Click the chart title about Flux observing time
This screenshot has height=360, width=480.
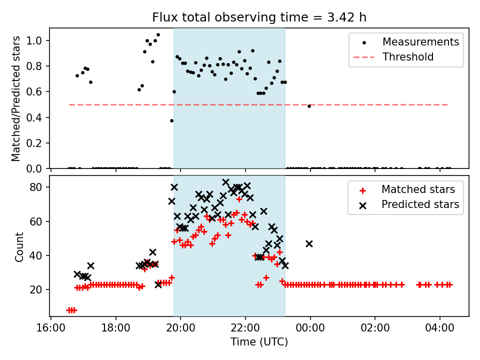[x=259, y=17]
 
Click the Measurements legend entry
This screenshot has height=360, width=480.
[x=420, y=42]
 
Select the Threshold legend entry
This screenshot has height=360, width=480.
[x=408, y=57]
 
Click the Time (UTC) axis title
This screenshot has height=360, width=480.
[x=259, y=342]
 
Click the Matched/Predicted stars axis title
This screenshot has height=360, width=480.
[x=16, y=98]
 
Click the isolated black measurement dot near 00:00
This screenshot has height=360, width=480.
[x=309, y=106]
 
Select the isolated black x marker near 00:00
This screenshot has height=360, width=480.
[x=309, y=243]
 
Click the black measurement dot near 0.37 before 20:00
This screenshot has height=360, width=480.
[x=171, y=120]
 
